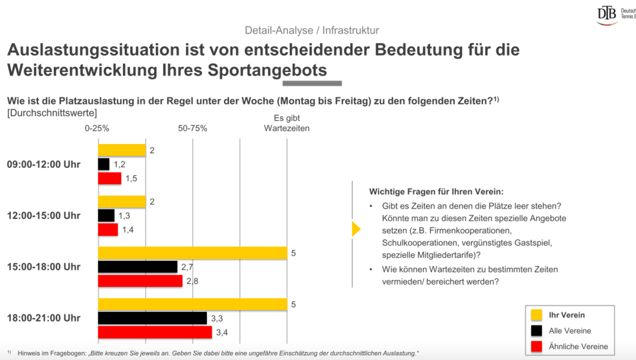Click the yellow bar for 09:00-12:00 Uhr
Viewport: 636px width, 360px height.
pos(122,150)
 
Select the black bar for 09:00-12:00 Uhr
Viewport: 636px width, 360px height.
pos(104,164)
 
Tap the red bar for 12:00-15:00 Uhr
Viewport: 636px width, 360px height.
pos(108,230)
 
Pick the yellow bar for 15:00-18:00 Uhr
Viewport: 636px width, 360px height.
pos(192,253)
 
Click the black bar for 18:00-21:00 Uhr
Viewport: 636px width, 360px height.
pos(152,318)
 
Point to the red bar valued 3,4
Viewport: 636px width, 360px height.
pos(155,332)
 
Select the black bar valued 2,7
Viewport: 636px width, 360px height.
pos(137,267)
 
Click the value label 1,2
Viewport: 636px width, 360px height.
pos(119,164)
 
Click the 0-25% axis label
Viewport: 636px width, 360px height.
pos(97,128)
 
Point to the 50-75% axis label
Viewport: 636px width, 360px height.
pos(193,128)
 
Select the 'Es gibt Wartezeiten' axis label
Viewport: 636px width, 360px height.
pos(287,123)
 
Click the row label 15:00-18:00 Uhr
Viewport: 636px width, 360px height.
pos(44,267)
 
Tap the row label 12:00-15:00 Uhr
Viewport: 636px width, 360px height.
pos(44,215)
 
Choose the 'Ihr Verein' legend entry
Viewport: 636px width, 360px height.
pos(566,315)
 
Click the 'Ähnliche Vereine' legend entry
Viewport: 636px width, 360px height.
pos(578,346)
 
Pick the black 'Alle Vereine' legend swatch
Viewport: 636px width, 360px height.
pos(536,331)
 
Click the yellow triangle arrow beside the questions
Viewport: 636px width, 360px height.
pos(356,229)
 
